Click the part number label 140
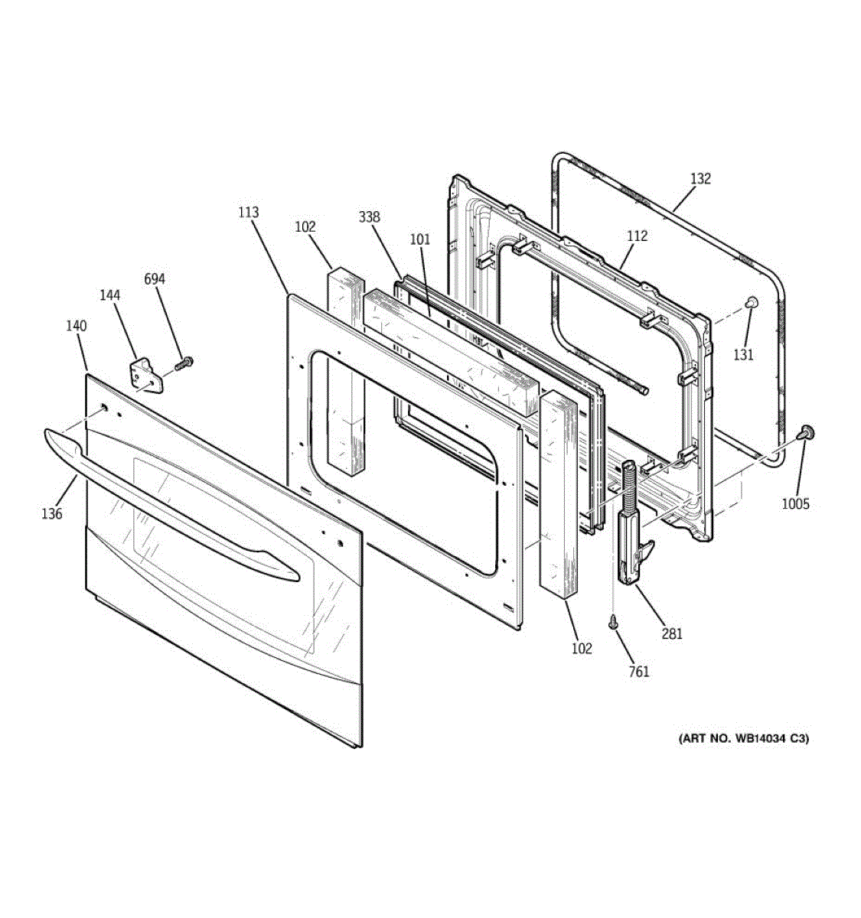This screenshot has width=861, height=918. pos(76,326)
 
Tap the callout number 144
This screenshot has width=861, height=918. pos(109,294)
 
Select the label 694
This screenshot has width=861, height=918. pos(155,279)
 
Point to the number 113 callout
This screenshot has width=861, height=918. pos(248,213)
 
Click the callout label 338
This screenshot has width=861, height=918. pos(369,217)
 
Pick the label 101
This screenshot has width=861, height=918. pos(420,239)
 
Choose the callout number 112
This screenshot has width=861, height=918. pos(637,236)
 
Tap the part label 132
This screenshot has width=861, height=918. pos(700,179)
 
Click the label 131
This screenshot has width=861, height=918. pos(743,354)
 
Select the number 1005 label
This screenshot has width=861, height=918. pos(796,504)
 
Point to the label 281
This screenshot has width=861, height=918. pos(672,633)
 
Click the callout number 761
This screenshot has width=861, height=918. pos(638,672)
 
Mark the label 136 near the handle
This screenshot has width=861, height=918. pos(52,514)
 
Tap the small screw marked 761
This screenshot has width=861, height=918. pos(613,624)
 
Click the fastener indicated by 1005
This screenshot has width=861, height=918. pos(804,433)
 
